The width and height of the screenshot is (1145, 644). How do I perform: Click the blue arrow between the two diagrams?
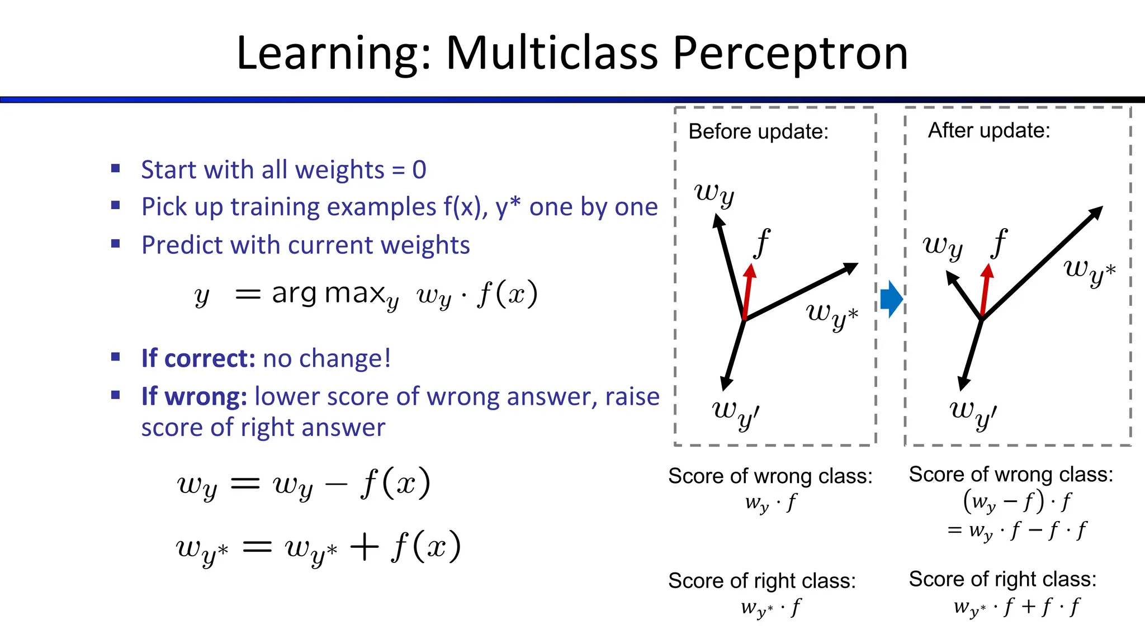(891, 299)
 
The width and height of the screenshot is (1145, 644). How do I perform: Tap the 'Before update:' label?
(758, 132)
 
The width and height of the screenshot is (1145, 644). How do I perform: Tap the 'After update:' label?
(988, 131)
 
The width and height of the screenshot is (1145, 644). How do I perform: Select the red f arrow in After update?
(985, 291)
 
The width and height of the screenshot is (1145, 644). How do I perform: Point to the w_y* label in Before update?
(831, 316)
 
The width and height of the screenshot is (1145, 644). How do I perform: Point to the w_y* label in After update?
(1089, 271)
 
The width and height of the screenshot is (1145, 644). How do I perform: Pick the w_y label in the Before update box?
(714, 194)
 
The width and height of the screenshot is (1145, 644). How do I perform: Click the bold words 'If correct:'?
(198, 358)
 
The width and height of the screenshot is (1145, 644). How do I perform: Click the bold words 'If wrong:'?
(194, 396)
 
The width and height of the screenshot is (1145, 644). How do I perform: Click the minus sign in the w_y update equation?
(336, 484)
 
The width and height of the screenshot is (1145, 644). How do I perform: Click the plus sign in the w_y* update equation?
(365, 547)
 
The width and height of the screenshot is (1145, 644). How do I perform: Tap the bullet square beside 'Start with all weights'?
(116, 168)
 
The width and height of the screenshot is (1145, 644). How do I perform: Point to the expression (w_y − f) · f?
(1017, 501)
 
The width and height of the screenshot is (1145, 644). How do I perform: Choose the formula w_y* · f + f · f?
(1017, 607)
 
